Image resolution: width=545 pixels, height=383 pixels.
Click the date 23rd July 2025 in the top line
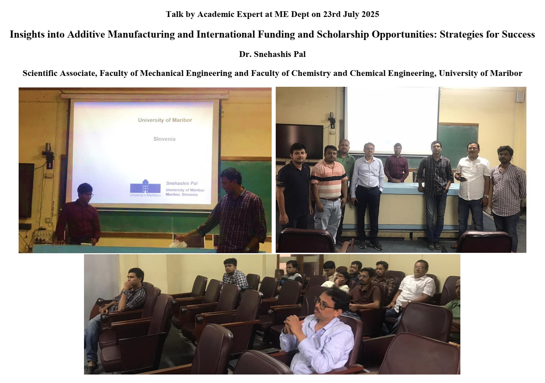pos(351,14)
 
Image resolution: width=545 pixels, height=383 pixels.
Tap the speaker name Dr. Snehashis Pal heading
pos(272,54)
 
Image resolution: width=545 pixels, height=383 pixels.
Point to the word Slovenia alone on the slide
pos(165,139)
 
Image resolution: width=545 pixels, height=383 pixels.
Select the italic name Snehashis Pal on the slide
pos(182,183)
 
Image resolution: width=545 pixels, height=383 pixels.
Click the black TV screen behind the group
pos(299,141)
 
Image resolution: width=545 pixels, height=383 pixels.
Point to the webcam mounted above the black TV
pos(332,120)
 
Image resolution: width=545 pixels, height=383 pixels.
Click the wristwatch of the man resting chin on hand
pos(126,293)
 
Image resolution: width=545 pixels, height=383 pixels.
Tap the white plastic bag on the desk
pos(179,243)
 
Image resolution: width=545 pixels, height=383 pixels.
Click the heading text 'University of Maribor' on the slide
pos(165,120)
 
